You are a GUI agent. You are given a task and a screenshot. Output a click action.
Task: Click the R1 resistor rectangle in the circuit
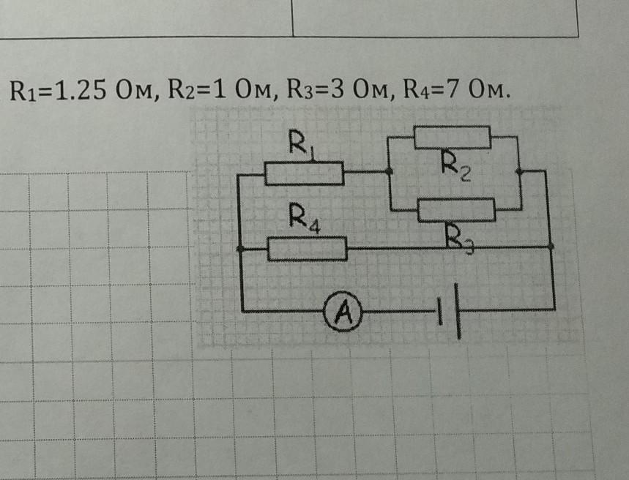tap(304, 173)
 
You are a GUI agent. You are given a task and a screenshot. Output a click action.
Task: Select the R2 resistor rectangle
tap(453, 137)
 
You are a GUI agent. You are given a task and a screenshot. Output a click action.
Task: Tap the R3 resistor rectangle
tap(457, 210)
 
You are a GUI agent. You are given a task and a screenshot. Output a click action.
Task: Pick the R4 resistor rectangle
tap(308, 249)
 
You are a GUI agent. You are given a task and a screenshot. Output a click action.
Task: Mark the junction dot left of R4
tap(241, 249)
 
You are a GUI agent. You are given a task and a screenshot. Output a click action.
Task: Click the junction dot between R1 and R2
tap(390, 172)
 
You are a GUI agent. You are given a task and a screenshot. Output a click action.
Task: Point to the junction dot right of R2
tap(519, 171)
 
